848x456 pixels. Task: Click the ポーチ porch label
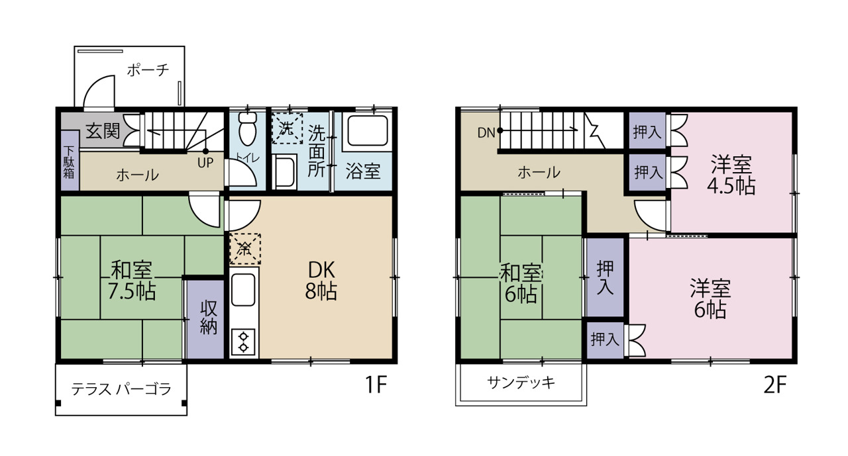[148, 70]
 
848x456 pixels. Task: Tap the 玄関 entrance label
[103, 131]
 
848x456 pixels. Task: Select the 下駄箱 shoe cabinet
[70, 161]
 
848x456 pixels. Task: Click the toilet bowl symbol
[248, 128]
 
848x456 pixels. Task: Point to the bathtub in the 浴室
[367, 131]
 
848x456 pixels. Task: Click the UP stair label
[205, 163]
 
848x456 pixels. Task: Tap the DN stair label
[486, 133]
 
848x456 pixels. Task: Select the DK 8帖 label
[321, 281]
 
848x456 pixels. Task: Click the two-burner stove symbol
[243, 342]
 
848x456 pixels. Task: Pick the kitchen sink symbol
[243, 290]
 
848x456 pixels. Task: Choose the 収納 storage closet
[206, 319]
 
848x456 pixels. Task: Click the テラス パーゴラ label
[121, 389]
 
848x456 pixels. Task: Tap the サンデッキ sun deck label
[521, 383]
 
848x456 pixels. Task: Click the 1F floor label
[375, 385]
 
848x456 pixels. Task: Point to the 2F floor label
[774, 386]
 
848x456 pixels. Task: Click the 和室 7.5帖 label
[132, 280]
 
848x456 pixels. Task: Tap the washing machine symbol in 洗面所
[288, 128]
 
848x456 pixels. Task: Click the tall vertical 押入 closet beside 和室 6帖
[605, 277]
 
